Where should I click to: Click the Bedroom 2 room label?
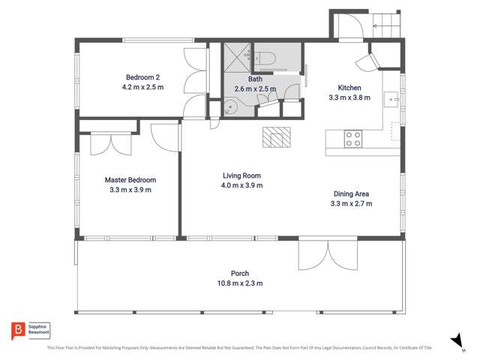tap(142, 77)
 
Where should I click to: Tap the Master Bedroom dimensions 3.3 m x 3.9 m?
tap(130, 190)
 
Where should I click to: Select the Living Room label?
tap(241, 175)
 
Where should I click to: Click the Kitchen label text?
tap(349, 87)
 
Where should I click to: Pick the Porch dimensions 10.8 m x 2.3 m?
tap(240, 283)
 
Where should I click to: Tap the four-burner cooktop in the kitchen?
tap(352, 139)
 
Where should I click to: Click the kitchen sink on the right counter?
tap(391, 97)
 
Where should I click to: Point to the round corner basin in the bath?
tap(229, 107)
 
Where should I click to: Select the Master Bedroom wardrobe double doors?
tap(111, 143)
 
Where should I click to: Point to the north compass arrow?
tap(455, 341)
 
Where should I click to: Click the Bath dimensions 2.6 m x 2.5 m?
tap(255, 88)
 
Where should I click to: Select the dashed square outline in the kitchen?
tap(396, 132)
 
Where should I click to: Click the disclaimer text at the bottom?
tap(240, 348)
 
